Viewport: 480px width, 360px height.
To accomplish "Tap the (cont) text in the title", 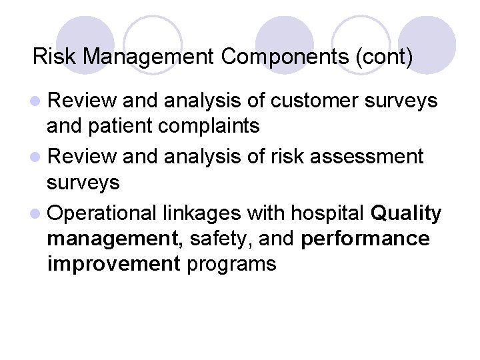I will click(385, 57).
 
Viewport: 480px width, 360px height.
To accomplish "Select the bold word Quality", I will click(405, 213).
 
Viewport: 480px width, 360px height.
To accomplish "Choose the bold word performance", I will click(365, 239).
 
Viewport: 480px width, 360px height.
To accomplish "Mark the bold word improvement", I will click(114, 264).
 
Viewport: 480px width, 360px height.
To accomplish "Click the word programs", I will click(231, 264).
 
